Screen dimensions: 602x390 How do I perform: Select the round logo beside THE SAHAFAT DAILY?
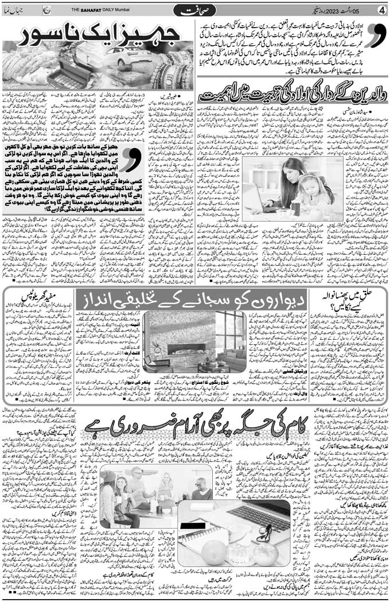pos(46,10)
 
